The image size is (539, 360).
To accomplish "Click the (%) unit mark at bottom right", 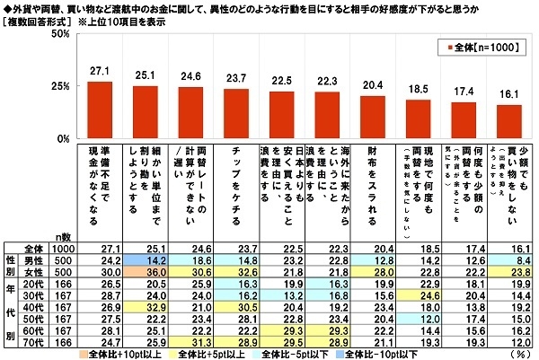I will [527, 355].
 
